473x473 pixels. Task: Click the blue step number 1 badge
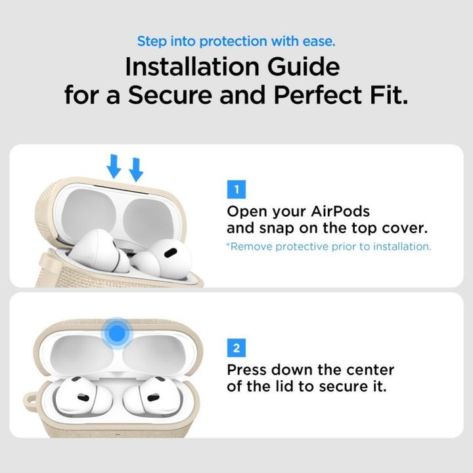click(x=236, y=191)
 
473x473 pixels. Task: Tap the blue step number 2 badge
click(x=236, y=348)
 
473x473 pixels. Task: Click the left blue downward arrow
click(x=114, y=167)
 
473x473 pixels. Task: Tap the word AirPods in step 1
click(x=340, y=212)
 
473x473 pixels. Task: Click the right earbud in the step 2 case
click(x=153, y=397)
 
